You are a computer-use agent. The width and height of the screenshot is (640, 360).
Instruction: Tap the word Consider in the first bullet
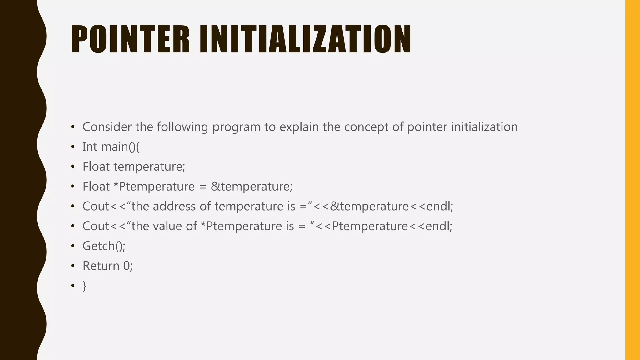pyautogui.click(x=107, y=127)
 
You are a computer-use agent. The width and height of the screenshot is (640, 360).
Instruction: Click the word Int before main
pyautogui.click(x=90, y=147)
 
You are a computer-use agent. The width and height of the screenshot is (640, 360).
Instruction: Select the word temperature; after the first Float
pyautogui.click(x=149, y=167)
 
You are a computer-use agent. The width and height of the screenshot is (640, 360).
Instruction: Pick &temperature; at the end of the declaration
pyautogui.click(x=252, y=187)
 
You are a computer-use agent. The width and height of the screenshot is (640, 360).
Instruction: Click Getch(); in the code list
pyautogui.click(x=104, y=246)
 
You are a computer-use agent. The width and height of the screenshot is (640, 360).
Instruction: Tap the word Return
pyautogui.click(x=101, y=266)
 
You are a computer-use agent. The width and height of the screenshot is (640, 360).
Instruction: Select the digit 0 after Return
pyautogui.click(x=127, y=266)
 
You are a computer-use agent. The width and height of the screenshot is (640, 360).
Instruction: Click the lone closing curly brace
pyautogui.click(x=84, y=286)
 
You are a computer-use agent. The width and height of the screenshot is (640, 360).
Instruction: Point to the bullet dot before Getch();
pyautogui.click(x=73, y=246)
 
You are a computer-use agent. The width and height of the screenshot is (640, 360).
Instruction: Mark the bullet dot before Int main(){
pyautogui.click(x=73, y=147)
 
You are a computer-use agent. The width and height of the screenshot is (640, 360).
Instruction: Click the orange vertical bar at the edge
pyautogui.click(x=632, y=180)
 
